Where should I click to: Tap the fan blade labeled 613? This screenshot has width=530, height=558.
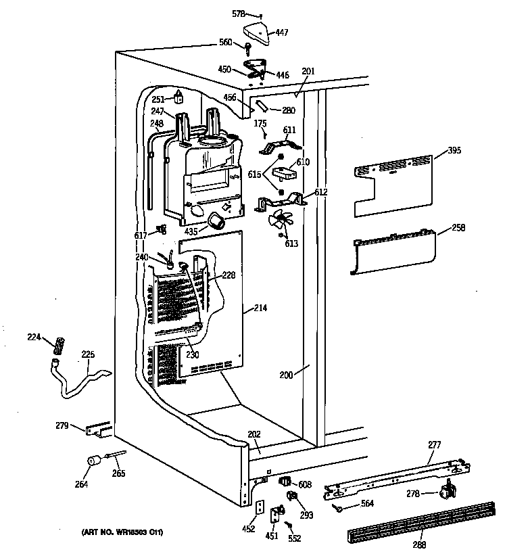click(x=278, y=221)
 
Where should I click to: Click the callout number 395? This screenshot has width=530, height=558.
click(x=454, y=150)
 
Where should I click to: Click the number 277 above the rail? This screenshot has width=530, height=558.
click(x=434, y=444)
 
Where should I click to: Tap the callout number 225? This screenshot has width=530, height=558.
click(x=88, y=354)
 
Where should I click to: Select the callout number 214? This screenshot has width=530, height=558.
click(x=260, y=308)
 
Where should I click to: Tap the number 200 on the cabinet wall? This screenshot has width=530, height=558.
click(x=287, y=375)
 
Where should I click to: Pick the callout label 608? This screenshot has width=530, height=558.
click(x=305, y=484)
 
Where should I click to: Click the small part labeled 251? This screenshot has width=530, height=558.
click(x=178, y=97)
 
